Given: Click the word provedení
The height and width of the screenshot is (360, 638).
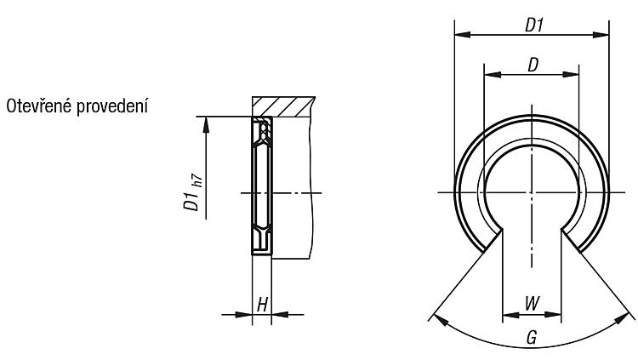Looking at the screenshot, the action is (x=112, y=107).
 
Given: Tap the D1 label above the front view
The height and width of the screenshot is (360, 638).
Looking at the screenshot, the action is (x=534, y=26).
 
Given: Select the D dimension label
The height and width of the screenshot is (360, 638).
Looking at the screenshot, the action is (x=533, y=65).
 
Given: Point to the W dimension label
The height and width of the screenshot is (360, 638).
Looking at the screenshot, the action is (x=532, y=303).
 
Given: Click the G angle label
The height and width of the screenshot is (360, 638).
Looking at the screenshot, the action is (x=532, y=337).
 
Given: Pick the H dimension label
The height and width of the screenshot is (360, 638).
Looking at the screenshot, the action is (x=263, y=305).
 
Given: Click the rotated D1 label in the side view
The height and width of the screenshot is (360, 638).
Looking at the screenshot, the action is (x=191, y=202).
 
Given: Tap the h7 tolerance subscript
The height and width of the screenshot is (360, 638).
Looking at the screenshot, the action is (x=197, y=180).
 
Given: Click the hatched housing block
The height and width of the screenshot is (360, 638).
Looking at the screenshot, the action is (x=283, y=106).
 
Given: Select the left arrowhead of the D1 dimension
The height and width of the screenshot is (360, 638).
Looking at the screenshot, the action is (x=462, y=35).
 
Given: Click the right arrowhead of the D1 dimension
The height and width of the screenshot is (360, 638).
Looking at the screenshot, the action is (x=601, y=35).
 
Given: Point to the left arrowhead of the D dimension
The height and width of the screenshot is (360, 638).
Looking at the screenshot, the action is (x=493, y=75).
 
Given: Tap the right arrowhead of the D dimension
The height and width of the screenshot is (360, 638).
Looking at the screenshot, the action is (x=571, y=75).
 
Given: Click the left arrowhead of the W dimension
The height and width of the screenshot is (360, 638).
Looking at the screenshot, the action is (x=511, y=315).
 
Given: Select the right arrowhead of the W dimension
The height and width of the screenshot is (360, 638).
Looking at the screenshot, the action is (x=553, y=315).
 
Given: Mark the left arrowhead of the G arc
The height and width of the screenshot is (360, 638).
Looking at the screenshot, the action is (x=441, y=320).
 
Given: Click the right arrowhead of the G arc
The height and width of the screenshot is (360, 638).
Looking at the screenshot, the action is (x=622, y=318).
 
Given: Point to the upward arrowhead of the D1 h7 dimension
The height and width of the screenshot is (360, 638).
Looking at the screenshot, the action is (x=206, y=125).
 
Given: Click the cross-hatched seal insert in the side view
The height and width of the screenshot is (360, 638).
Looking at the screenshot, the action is (x=264, y=130).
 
